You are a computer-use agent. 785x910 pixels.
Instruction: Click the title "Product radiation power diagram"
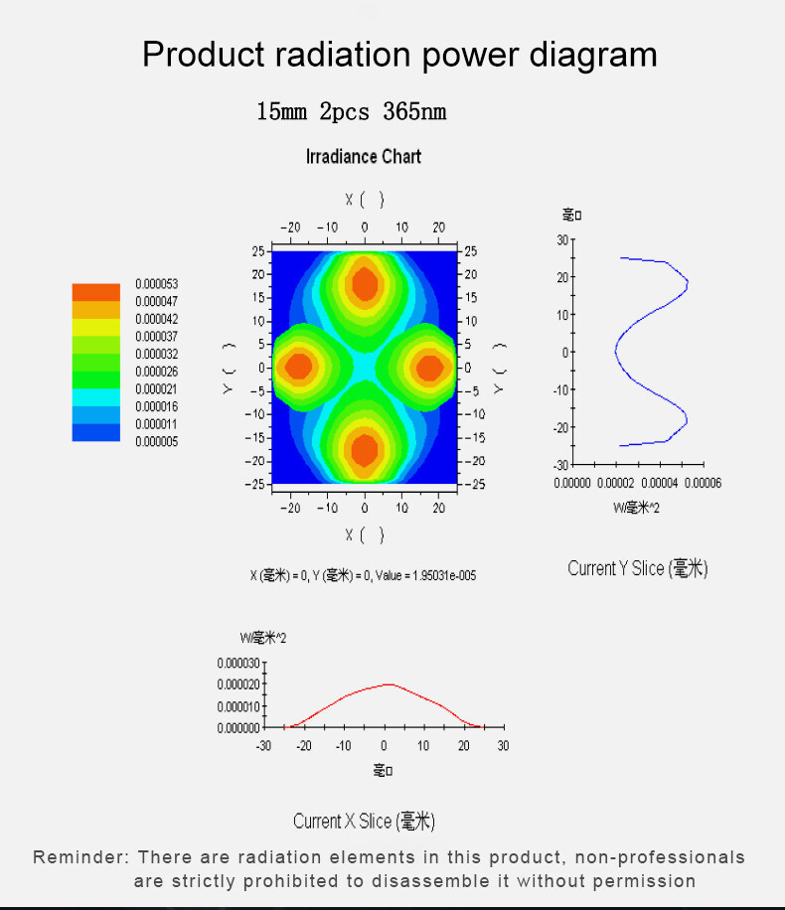(399, 54)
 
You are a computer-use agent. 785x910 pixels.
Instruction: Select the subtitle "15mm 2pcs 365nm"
(352, 111)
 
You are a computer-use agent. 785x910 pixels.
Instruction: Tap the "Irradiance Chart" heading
(364, 157)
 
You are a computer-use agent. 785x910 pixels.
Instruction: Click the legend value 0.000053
(156, 284)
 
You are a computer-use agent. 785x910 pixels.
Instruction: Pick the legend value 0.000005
(156, 442)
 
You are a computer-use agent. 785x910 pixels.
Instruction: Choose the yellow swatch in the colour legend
(95, 327)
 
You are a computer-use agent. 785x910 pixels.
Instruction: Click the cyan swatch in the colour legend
(95, 396)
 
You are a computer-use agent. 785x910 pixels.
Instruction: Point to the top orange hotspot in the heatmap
(365, 283)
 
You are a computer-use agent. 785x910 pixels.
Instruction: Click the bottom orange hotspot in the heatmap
(365, 450)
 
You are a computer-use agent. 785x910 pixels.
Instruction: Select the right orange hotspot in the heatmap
(430, 367)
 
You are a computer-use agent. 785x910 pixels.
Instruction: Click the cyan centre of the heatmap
(365, 367)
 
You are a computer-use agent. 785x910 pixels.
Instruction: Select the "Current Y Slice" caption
(637, 568)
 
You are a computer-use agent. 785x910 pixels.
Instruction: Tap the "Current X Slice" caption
(364, 821)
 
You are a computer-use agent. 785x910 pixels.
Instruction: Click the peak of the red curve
(390, 684)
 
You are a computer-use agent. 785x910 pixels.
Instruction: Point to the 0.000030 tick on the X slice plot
(237, 664)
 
